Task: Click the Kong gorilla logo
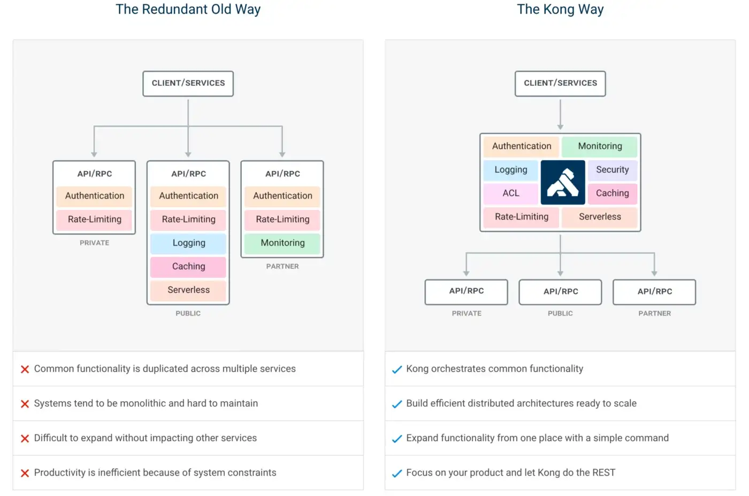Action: click(562, 182)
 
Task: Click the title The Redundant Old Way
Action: click(188, 10)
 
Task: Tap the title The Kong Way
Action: click(560, 10)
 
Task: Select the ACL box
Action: click(511, 193)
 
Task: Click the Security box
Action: click(612, 170)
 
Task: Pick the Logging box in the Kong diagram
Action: click(511, 170)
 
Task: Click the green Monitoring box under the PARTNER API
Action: click(282, 243)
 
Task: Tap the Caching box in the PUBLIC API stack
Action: click(188, 267)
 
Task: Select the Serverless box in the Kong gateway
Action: click(600, 217)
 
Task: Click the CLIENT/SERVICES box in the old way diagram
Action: click(188, 84)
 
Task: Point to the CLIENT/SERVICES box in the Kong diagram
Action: click(560, 84)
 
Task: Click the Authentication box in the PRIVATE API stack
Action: click(95, 196)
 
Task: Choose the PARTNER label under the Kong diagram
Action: click(654, 313)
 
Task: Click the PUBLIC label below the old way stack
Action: click(188, 313)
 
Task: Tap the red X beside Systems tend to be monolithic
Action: click(25, 404)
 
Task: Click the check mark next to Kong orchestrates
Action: click(396, 370)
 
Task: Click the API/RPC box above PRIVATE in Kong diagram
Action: click(466, 291)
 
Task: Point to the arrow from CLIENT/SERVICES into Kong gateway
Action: click(560, 115)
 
